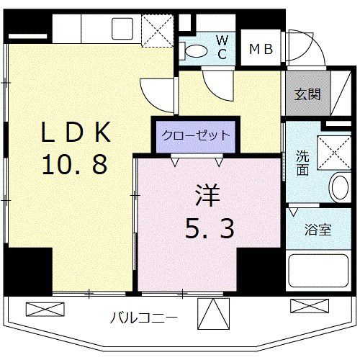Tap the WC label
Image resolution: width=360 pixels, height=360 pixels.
pyautogui.click(x=222, y=48)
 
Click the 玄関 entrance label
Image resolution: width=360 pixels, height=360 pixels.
pyautogui.click(x=307, y=95)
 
